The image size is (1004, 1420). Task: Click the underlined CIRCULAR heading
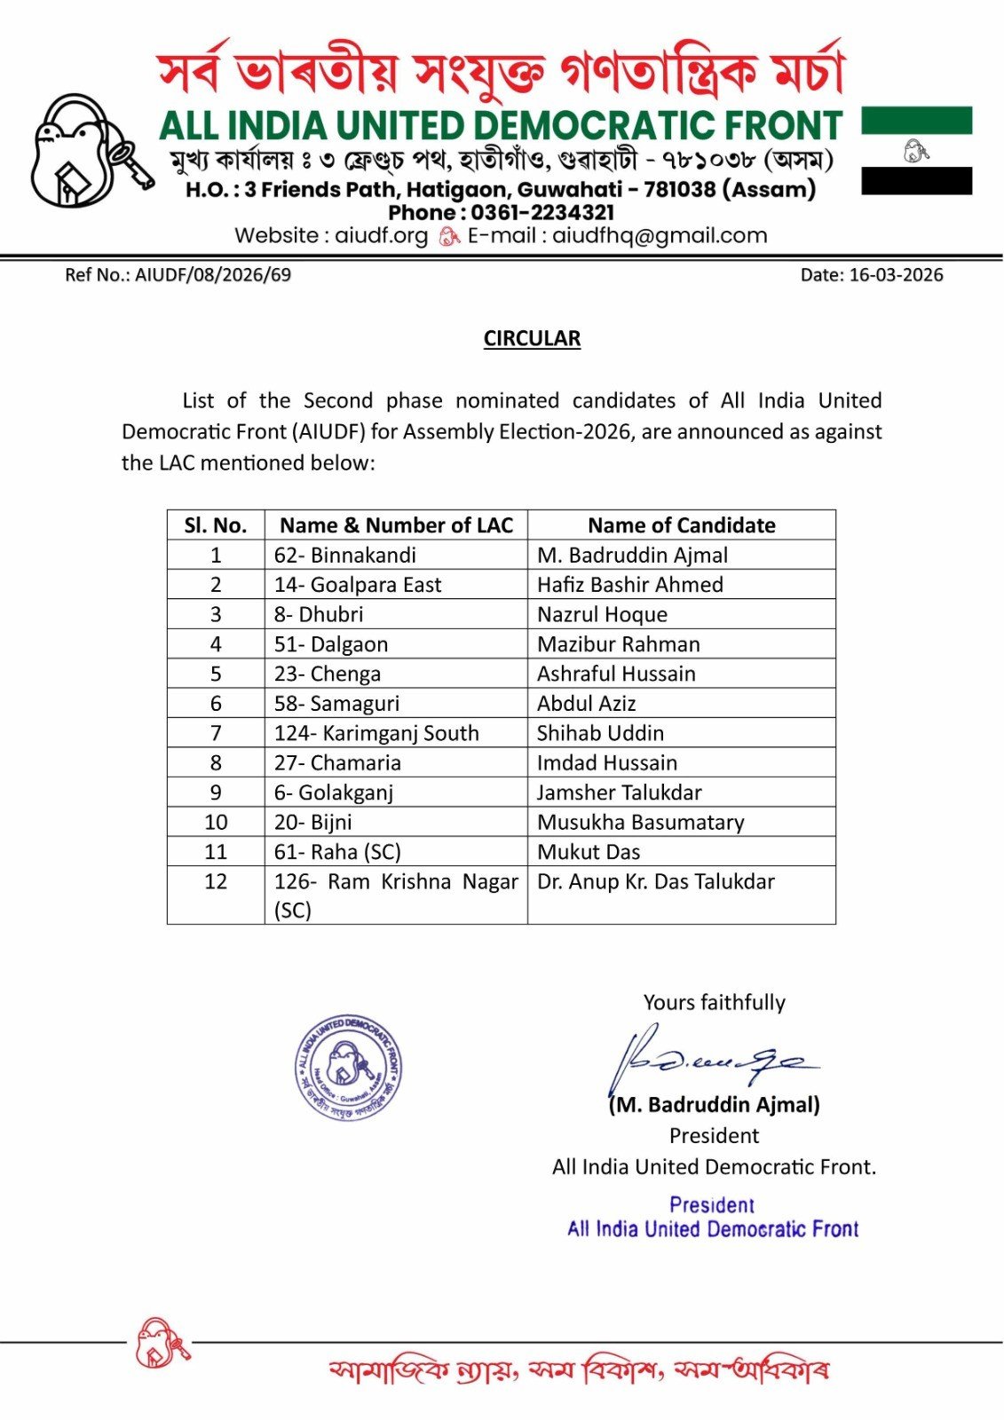click(532, 338)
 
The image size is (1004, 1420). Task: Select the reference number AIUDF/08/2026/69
click(213, 275)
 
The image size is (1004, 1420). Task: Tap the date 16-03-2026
click(896, 275)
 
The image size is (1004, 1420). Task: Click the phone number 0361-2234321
click(542, 213)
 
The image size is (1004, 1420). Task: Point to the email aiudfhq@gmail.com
click(660, 236)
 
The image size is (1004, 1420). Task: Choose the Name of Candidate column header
click(681, 525)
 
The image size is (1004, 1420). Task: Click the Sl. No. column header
click(216, 525)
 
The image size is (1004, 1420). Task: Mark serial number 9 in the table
click(216, 793)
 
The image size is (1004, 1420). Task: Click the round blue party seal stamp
click(349, 1067)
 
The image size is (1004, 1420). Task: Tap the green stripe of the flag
click(916, 121)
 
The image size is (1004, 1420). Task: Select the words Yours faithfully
click(715, 1003)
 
